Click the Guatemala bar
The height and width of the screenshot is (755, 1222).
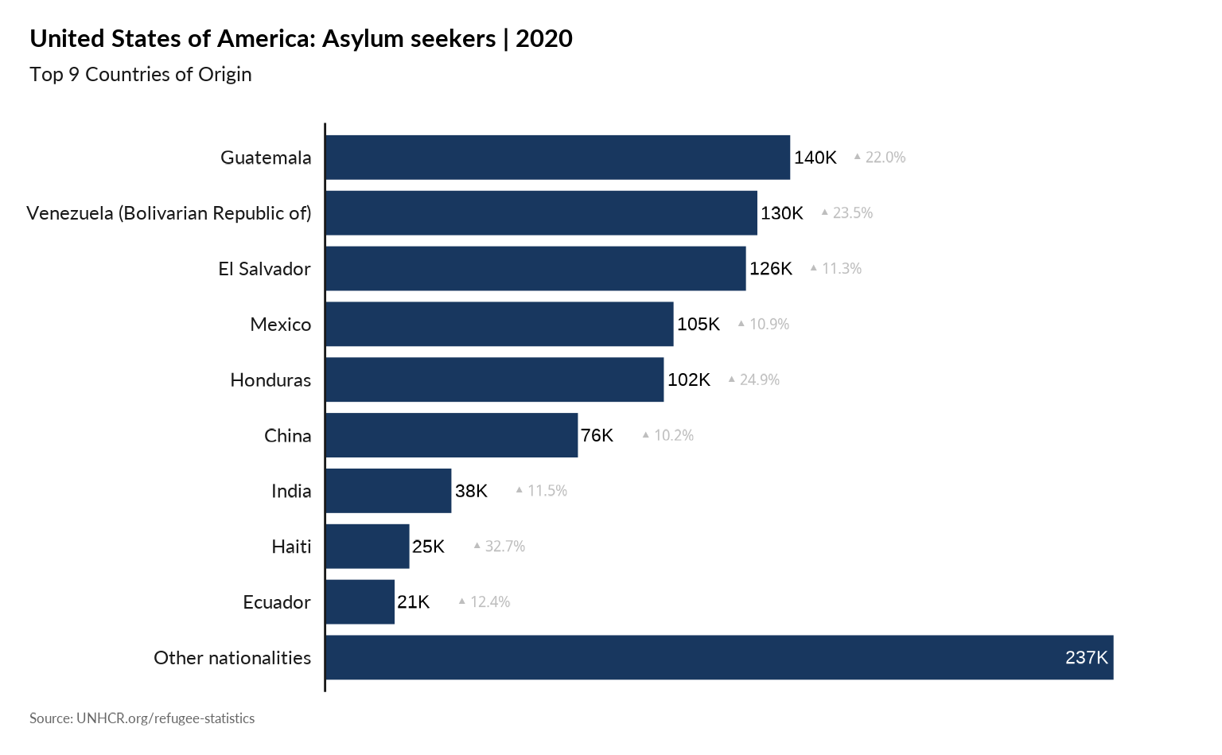tap(558, 157)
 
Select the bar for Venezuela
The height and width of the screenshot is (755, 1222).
tap(541, 212)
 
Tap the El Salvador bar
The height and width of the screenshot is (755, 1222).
tap(535, 268)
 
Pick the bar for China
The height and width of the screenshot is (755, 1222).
tap(452, 435)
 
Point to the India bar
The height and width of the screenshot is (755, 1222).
tap(388, 491)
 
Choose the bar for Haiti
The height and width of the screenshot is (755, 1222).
tap(368, 547)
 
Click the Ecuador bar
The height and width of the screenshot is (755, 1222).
tap(360, 602)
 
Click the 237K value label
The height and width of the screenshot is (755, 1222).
tap(1086, 658)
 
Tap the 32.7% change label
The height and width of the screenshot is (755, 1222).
tap(504, 547)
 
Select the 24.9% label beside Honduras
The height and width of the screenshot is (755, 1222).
tap(759, 379)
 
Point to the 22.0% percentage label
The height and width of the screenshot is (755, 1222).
tap(885, 158)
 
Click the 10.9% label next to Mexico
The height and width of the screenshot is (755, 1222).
tap(769, 324)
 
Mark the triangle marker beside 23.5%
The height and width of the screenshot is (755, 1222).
tap(825, 212)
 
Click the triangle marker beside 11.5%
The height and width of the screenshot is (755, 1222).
tap(520, 489)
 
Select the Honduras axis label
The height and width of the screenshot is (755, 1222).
tap(270, 380)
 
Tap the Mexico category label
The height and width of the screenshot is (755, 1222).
tap(281, 325)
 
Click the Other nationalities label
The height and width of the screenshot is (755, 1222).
tap(232, 658)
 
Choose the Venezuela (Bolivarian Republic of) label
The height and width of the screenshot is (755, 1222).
tap(169, 213)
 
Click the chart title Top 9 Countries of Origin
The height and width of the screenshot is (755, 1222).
tap(141, 75)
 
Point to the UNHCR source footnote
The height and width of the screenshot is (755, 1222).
tap(142, 718)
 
